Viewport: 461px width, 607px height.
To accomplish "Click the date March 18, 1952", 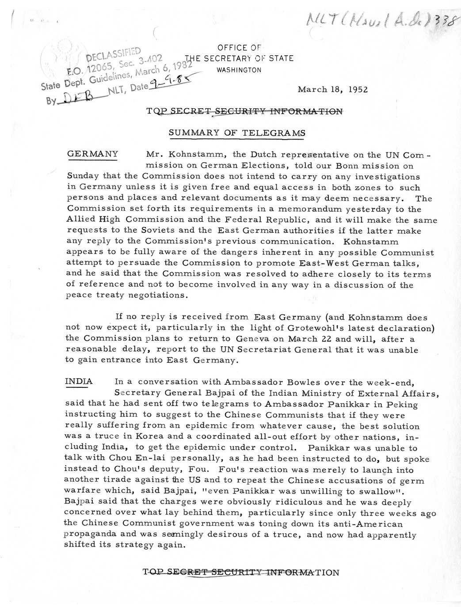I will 332,89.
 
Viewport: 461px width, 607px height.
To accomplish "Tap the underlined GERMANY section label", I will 92,154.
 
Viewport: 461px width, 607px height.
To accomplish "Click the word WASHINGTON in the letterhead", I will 239,70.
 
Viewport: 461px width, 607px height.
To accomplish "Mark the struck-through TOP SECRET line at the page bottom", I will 241,573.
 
